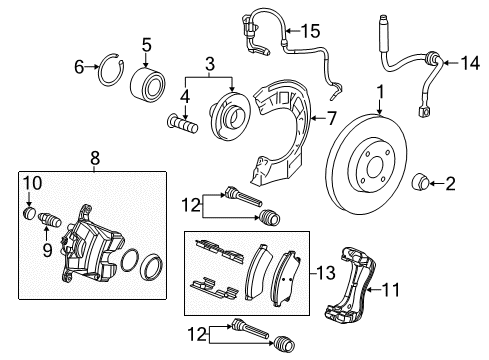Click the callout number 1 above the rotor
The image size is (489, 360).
(x=381, y=93)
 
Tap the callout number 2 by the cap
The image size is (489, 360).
(x=449, y=183)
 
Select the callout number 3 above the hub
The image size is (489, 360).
(x=209, y=64)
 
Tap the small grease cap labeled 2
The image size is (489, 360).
(x=423, y=182)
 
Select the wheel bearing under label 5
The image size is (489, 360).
(x=147, y=82)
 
